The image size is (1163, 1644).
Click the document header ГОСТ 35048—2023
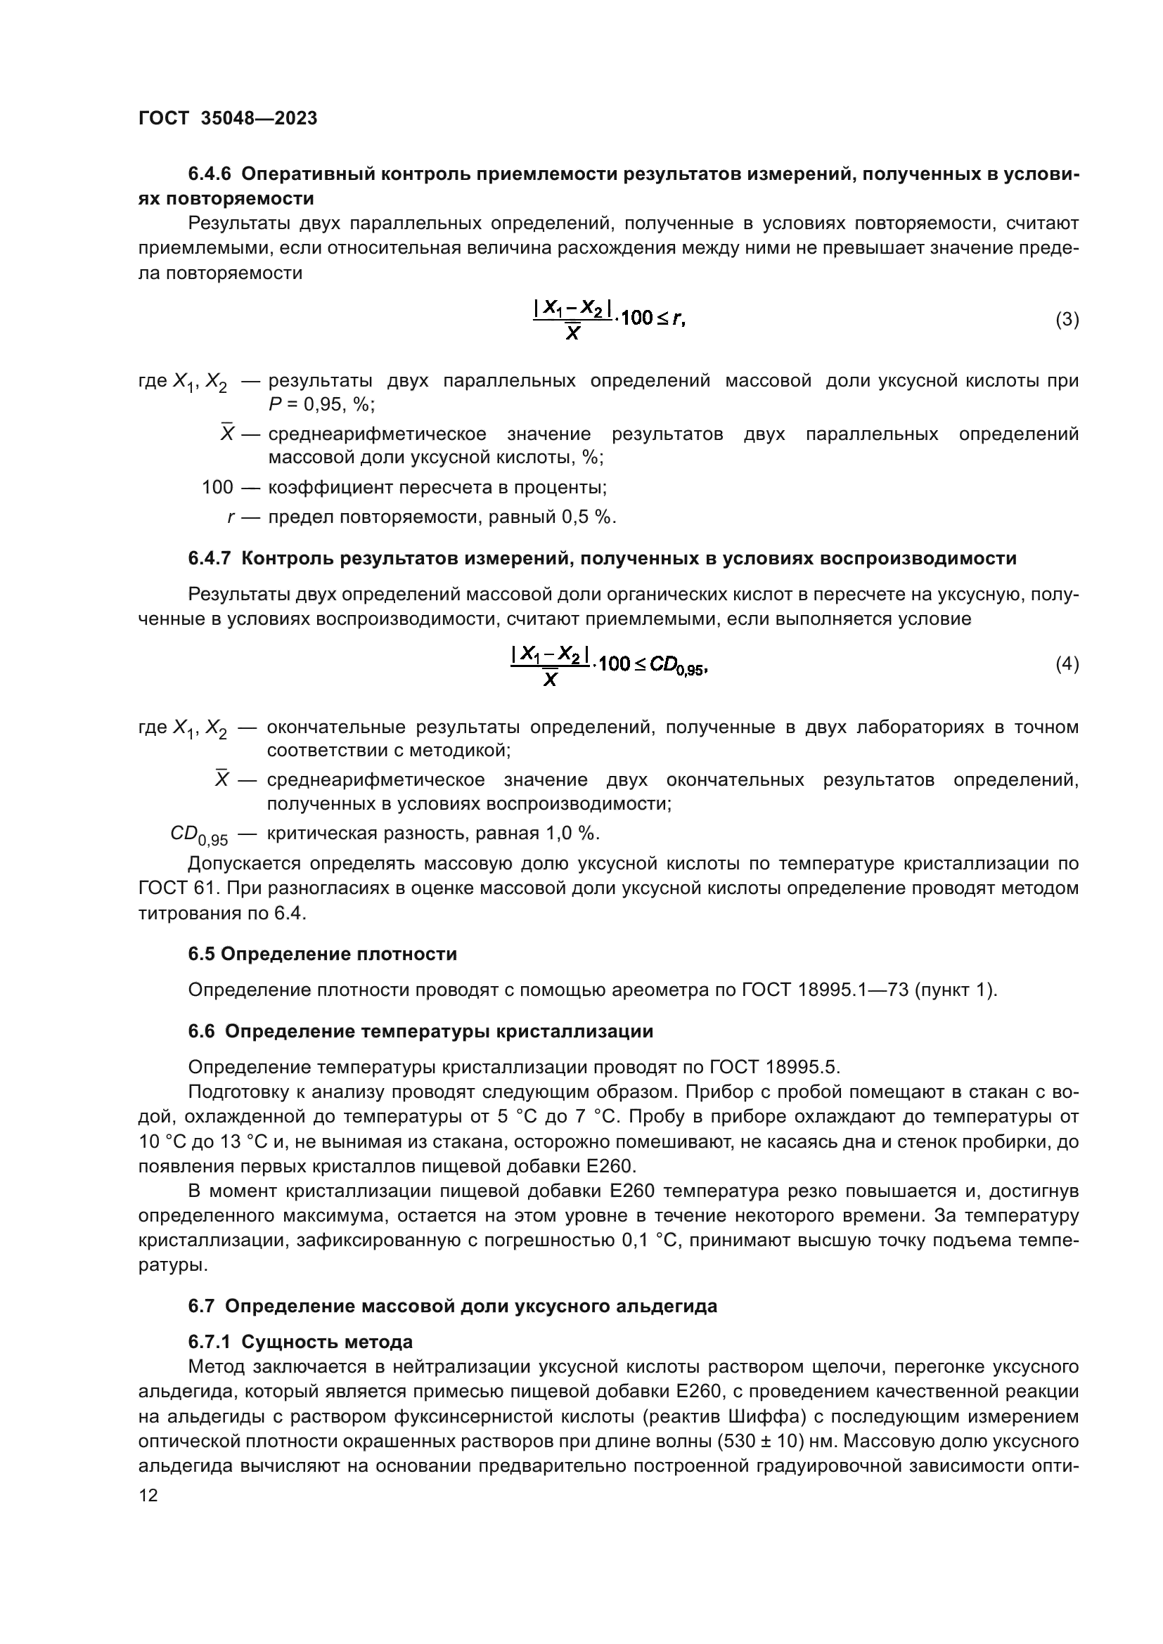click(x=228, y=118)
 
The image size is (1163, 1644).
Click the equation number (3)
click(x=1067, y=319)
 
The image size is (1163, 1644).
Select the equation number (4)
click(x=1067, y=664)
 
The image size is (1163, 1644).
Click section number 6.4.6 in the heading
click(x=209, y=174)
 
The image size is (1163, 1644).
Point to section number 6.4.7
click(x=209, y=559)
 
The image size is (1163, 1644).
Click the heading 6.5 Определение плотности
click(x=322, y=954)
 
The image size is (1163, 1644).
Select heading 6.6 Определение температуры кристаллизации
click(x=420, y=1031)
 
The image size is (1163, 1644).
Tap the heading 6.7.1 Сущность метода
click(x=300, y=1341)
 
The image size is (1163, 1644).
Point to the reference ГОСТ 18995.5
click(x=773, y=1067)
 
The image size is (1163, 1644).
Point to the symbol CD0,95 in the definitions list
click(x=199, y=835)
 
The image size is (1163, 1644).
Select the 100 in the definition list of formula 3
click(x=217, y=488)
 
